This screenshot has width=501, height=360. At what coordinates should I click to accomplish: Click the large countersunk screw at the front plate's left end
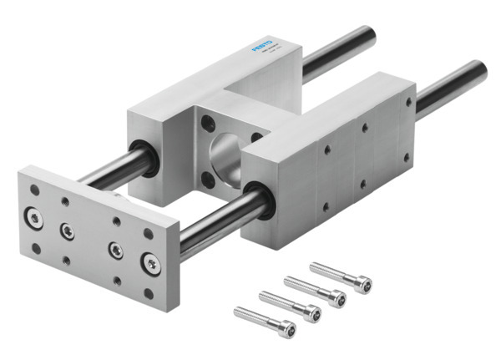pos(34,218)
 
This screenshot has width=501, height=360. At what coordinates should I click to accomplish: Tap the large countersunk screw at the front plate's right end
pos(151,264)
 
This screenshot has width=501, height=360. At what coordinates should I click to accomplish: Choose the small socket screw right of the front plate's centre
pos(115,249)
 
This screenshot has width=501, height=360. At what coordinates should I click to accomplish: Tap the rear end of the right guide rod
pos(479,70)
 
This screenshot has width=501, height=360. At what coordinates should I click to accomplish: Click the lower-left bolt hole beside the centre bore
pos(206,178)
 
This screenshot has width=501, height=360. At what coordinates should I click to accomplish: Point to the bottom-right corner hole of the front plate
pos(148,293)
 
